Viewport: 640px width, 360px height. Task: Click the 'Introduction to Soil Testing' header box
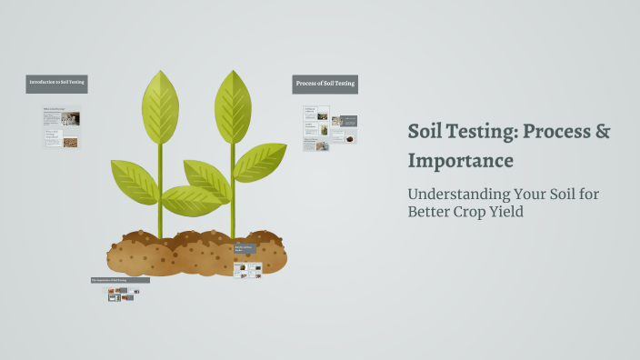tap(56, 83)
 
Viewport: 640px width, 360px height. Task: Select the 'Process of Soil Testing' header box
tap(325, 85)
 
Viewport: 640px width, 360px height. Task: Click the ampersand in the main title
tap(602, 132)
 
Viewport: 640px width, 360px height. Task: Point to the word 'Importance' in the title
tap(461, 161)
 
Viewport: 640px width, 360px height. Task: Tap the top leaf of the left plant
tap(160, 106)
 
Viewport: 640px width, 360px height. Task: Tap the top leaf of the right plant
tap(232, 106)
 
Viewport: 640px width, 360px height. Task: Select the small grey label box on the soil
tap(245, 248)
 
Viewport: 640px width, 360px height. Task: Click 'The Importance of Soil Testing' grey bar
tap(120, 280)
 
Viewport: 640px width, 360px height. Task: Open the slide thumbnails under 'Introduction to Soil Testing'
tap(61, 128)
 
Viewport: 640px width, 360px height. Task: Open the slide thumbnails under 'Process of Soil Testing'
tap(329, 127)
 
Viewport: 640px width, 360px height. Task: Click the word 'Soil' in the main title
tap(428, 132)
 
